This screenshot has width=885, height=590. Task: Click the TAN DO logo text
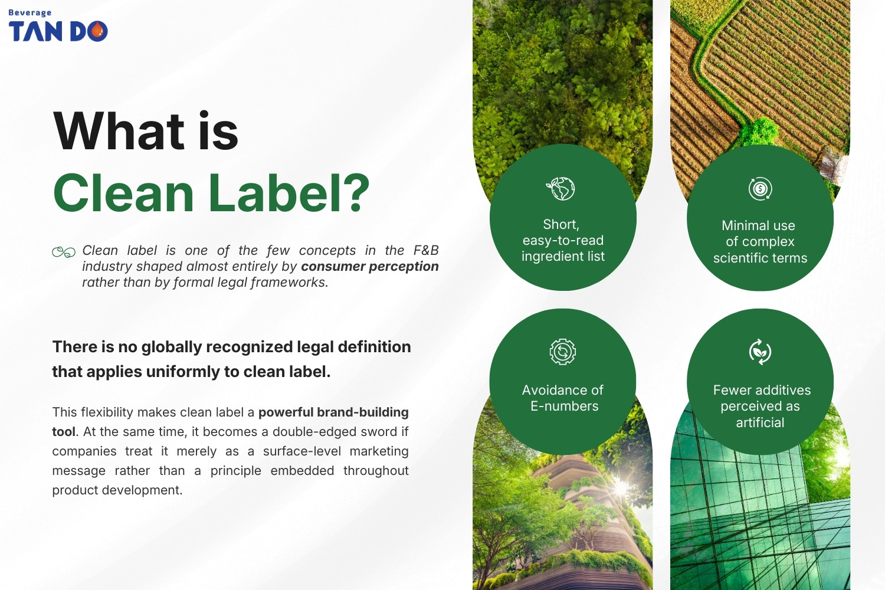[x=58, y=31]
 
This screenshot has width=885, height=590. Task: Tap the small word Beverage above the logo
[x=29, y=12]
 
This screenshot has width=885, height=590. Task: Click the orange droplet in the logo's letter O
[x=99, y=30]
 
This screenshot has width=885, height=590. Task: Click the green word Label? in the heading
[x=289, y=193]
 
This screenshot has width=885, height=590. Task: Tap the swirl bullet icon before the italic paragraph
[x=64, y=252]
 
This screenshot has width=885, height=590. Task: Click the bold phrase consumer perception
[x=369, y=267]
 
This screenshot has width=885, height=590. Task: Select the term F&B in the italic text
[x=425, y=250]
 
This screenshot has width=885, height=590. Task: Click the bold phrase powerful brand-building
[x=333, y=412]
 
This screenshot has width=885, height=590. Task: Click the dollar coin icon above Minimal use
[x=760, y=189]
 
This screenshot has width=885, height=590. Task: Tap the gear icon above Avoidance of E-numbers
[x=562, y=352]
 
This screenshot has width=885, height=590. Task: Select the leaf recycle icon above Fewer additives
[x=760, y=352]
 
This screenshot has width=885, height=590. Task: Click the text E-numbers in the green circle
[x=564, y=407]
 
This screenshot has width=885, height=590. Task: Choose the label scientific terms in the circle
[x=760, y=258]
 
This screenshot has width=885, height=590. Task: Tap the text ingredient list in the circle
[x=563, y=257]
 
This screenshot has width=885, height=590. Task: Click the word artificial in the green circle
[x=760, y=422]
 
